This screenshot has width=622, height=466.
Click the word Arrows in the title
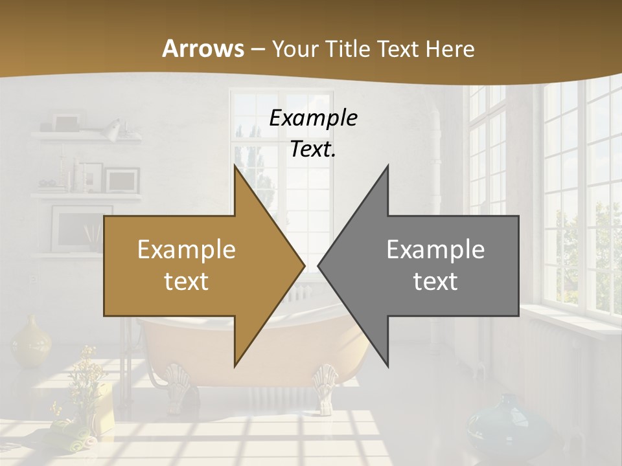point(203,49)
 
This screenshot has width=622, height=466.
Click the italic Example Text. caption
point(314,133)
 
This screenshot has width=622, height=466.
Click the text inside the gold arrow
point(187,265)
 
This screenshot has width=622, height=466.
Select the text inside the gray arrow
point(435,265)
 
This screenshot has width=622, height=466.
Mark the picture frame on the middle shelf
point(122,179)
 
